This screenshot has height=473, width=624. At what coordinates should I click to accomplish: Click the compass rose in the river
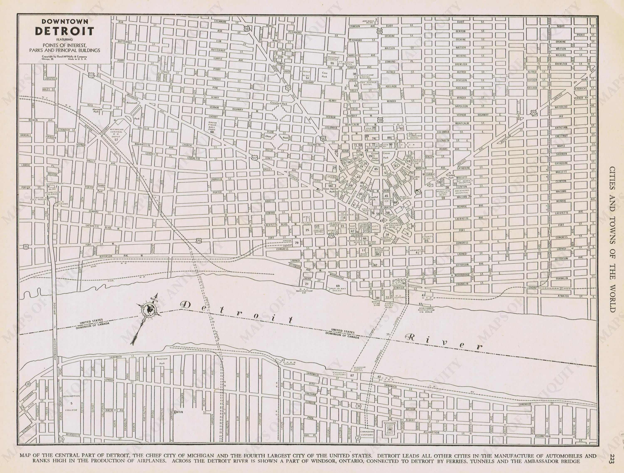coord(149,310)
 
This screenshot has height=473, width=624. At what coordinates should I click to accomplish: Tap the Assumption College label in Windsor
coord(71,403)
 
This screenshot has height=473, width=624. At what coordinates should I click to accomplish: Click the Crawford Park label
coord(279,103)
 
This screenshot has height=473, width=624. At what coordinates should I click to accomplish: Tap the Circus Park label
coord(386,155)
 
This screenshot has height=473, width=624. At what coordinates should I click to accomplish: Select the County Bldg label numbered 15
coord(427,238)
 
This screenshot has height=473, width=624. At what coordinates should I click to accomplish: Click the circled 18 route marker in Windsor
coord(28,384)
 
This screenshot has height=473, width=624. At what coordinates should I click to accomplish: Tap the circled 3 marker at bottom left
coord(62,439)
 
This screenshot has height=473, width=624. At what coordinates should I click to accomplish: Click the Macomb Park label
coord(97,110)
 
